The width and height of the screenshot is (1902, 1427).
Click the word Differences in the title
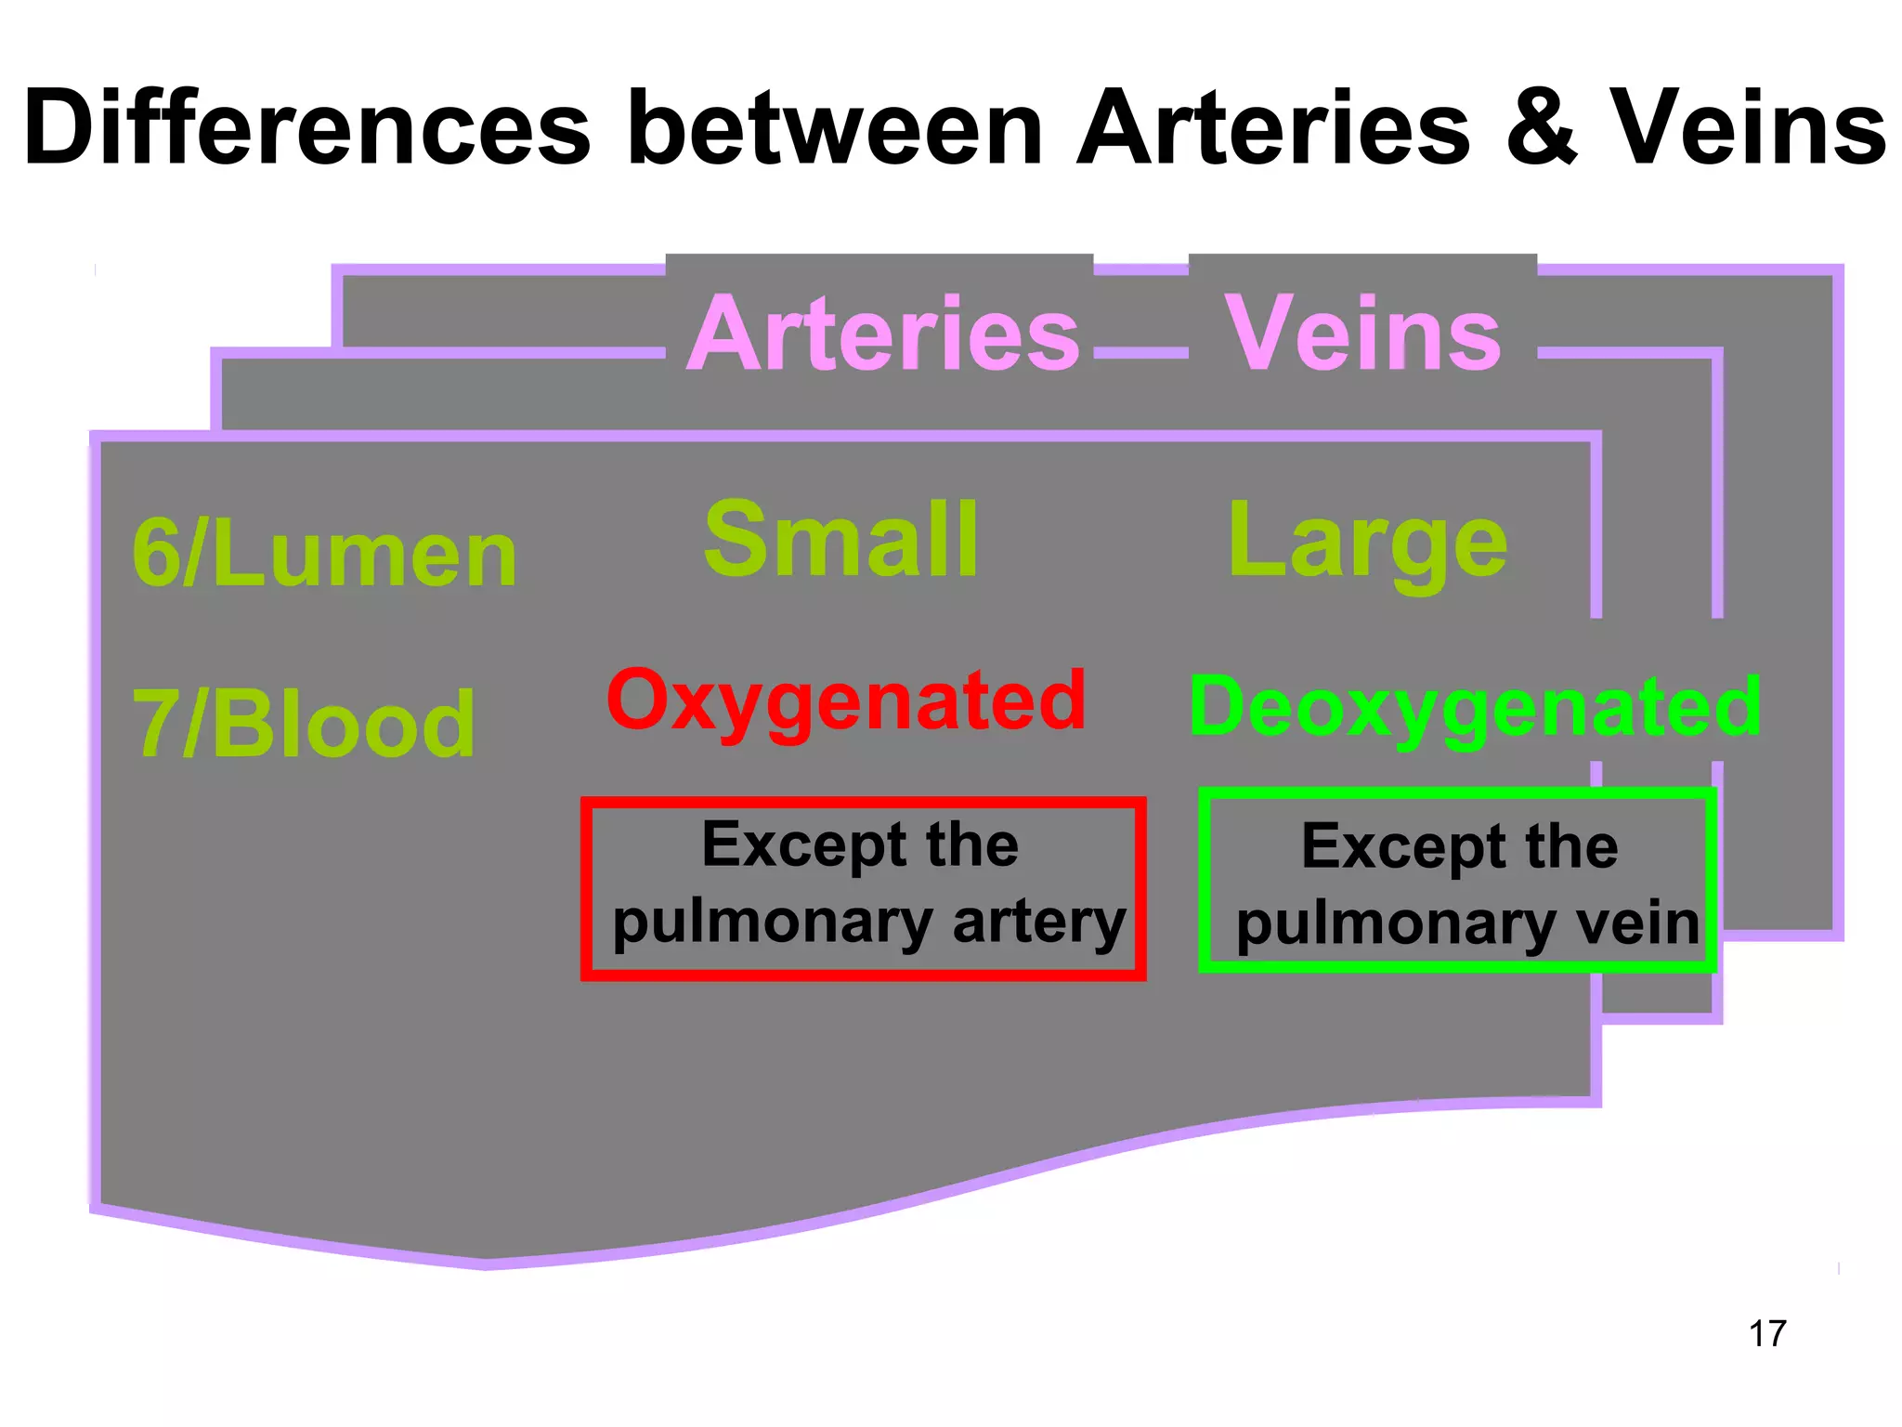pyautogui.click(x=306, y=127)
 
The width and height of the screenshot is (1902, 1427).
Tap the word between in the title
pyautogui.click(x=835, y=127)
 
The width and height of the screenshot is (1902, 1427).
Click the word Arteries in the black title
pyautogui.click(x=1273, y=127)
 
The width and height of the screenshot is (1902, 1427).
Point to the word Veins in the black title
pyautogui.click(x=1747, y=127)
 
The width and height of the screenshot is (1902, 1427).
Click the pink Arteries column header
pyautogui.click(x=883, y=333)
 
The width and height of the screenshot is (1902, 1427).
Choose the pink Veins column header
pyautogui.click(x=1362, y=333)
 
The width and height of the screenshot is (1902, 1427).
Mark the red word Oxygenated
pyautogui.click(x=846, y=700)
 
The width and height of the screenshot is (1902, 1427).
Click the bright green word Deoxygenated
pyautogui.click(x=1475, y=708)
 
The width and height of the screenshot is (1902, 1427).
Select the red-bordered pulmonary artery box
pyautogui.click(x=864, y=887)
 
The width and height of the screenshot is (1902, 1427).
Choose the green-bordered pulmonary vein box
pyautogui.click(x=1456, y=879)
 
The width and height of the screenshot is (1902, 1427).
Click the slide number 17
pyautogui.click(x=1767, y=1333)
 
